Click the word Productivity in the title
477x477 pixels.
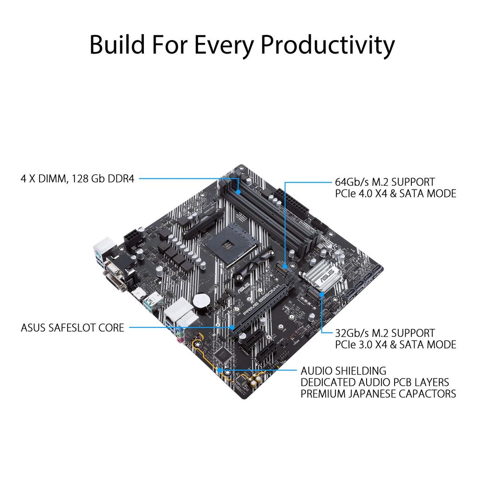[x=327, y=45]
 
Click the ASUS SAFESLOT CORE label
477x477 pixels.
[x=73, y=328]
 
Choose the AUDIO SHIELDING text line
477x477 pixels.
[x=343, y=371]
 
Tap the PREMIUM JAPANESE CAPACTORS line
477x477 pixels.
[x=378, y=394]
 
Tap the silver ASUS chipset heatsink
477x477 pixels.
[x=321, y=277]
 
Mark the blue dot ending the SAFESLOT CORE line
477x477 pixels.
[x=232, y=328]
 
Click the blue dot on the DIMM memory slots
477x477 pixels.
[x=238, y=191]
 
